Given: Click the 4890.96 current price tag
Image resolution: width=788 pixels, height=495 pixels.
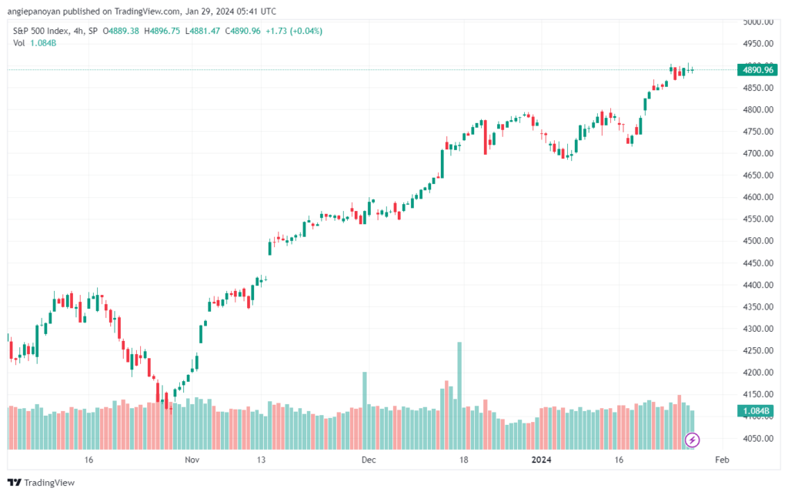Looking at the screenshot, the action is pos(757,70).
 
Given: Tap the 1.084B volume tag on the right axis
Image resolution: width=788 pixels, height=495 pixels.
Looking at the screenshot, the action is pos(756,411).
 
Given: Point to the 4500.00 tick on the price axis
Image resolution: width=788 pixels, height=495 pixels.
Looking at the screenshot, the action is pos(758,241).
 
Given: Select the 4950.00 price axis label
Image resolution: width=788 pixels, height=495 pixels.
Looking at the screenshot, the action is pos(758,44).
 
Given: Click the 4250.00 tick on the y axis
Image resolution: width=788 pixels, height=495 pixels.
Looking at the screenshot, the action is pos(758,350).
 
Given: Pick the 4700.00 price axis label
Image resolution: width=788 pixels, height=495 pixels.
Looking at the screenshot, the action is pos(758,153).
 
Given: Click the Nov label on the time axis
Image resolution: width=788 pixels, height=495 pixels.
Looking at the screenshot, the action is pos(192,460).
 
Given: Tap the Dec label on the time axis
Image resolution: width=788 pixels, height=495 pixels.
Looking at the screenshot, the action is pos(369,460).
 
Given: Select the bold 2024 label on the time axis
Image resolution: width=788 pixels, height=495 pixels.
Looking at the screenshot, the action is pos(541,460).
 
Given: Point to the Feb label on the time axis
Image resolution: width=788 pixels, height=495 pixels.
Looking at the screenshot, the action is pos(722,460).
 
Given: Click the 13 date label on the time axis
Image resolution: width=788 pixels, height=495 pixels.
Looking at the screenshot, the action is pos(261,460).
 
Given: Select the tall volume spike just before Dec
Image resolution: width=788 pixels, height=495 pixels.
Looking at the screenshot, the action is pos(365,410).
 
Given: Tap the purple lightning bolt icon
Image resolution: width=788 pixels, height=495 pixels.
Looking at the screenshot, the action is pos(692,440).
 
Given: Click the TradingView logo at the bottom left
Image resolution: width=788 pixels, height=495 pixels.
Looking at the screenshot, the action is pos(42,483).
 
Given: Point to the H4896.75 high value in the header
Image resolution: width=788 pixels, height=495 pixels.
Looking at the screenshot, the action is pos(162,31).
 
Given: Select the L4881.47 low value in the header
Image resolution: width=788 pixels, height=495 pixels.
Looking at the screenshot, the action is pos(202,31).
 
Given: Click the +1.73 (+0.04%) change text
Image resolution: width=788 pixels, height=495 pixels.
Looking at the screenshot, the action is pos(294,31).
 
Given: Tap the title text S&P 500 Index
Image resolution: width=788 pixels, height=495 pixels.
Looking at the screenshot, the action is pos(41,31).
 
